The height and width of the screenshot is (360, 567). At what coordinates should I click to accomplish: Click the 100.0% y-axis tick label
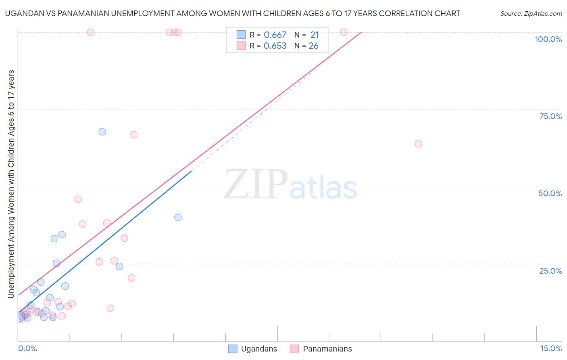coord(548,39)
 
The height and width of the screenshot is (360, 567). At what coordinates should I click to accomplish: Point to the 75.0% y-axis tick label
coord(550,116)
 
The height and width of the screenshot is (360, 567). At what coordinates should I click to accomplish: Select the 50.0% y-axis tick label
coord(550,193)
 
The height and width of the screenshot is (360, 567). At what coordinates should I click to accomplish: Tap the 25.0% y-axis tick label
coord(550,271)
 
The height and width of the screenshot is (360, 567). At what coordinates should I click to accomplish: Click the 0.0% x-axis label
coord(27,348)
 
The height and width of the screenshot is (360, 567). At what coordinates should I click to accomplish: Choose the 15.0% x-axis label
coord(551,348)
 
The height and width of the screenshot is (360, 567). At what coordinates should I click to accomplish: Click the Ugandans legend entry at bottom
coord(253,349)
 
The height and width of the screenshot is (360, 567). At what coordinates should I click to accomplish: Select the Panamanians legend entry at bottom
coord(321,349)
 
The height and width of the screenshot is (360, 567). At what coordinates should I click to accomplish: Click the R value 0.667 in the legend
coord(275,35)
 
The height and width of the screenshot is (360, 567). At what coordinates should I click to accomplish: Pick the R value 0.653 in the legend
coord(275,46)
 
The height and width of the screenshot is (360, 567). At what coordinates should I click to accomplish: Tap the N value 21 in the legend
coord(315,35)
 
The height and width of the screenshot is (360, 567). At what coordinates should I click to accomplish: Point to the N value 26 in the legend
coord(314,46)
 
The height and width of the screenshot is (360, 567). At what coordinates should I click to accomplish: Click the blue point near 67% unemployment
coord(102,132)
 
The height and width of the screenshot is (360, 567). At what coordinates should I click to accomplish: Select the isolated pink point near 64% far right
coord(418,144)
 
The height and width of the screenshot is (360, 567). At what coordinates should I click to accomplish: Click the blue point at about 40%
coord(178,217)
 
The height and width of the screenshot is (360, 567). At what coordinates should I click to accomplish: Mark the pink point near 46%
coord(78,199)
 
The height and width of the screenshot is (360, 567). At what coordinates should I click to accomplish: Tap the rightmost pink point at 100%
coord(344,32)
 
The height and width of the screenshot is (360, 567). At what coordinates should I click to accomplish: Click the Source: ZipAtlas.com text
coord(531,14)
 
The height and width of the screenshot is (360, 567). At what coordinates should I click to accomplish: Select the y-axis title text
coord(11,184)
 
